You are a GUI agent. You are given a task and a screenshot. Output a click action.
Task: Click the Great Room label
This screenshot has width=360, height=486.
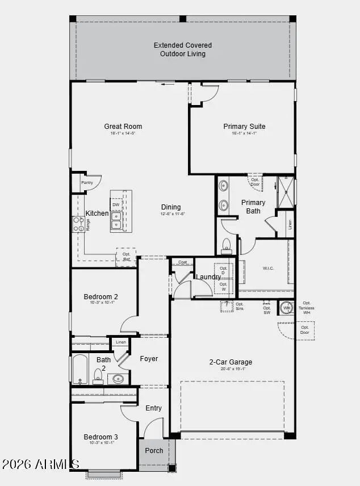[x=123, y=127]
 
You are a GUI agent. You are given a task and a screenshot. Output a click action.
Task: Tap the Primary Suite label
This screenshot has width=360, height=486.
[x=244, y=127]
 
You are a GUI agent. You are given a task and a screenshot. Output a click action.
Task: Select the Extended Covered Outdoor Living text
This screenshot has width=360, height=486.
[x=182, y=49]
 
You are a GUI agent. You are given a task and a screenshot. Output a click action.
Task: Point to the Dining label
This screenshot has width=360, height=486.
[x=171, y=207]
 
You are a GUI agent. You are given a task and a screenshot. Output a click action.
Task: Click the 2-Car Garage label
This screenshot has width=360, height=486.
[x=231, y=362]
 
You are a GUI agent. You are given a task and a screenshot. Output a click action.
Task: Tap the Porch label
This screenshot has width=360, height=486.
[x=154, y=451]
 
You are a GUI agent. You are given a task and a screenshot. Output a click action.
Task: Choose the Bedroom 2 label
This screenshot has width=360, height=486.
[x=101, y=296]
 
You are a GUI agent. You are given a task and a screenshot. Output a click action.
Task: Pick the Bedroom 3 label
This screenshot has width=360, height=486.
[x=101, y=437]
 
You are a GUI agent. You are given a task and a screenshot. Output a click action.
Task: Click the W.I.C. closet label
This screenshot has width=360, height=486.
[x=269, y=268]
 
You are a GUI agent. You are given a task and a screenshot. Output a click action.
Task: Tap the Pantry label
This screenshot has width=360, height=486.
[x=87, y=183]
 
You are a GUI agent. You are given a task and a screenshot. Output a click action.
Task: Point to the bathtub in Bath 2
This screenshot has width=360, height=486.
[x=79, y=370]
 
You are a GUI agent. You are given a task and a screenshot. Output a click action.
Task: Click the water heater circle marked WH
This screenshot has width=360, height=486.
[x=286, y=308]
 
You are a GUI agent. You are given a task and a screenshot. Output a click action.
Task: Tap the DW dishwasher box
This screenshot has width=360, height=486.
[x=116, y=204]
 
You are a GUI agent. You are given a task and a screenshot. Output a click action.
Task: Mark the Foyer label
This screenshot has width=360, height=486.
[x=149, y=359]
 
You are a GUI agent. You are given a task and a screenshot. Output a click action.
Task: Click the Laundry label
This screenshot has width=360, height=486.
[x=208, y=277]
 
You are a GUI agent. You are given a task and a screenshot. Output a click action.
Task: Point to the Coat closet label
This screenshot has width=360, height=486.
[x=183, y=262]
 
